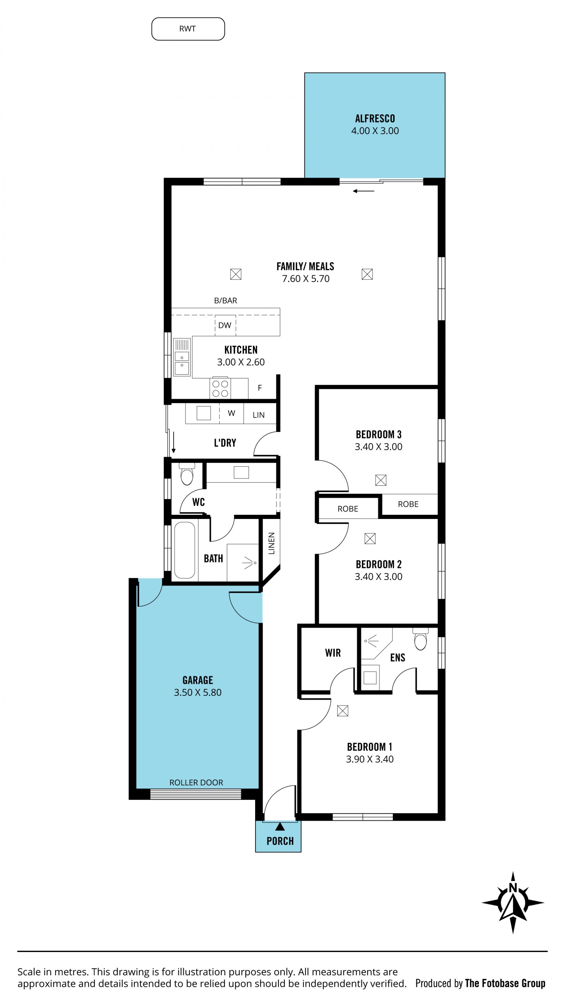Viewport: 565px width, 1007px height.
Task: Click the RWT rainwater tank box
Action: (x=188, y=29)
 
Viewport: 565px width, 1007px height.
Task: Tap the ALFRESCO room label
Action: (x=375, y=119)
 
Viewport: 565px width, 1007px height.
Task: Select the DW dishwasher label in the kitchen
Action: (x=225, y=325)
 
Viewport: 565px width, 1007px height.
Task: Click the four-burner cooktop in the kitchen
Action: (x=220, y=389)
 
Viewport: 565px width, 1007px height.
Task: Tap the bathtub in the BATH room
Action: (x=185, y=550)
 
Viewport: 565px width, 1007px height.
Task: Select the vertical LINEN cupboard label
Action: (x=271, y=543)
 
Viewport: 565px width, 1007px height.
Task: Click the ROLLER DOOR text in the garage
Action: (x=196, y=783)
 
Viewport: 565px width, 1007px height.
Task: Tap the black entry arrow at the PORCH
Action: (x=280, y=826)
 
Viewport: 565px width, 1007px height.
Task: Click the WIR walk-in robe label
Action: (x=333, y=653)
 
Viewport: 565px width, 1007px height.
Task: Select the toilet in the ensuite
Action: (x=420, y=639)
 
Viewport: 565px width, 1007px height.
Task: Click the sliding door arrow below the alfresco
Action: (x=364, y=191)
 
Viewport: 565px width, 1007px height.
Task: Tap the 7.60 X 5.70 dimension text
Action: (x=306, y=279)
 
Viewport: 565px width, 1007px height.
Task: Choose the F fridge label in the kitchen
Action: (x=260, y=388)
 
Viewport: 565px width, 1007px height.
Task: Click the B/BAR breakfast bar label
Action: (x=226, y=301)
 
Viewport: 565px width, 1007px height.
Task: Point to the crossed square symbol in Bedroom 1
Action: (x=343, y=711)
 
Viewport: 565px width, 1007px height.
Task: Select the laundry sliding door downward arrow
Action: (x=174, y=442)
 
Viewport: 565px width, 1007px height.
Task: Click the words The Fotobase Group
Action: (x=505, y=983)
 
